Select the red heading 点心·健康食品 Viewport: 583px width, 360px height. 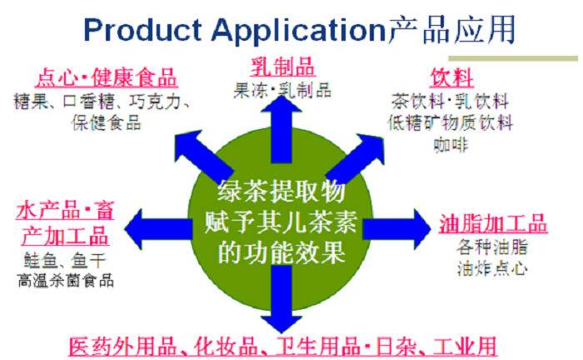106,79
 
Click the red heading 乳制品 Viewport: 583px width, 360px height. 282,66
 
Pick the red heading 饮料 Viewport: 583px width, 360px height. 451,79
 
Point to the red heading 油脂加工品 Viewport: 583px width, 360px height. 493,224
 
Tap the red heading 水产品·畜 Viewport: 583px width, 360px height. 65,212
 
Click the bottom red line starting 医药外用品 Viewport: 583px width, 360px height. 283,345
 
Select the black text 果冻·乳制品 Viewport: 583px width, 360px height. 282,87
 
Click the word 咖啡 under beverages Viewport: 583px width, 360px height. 451,143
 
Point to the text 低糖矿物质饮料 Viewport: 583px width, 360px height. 451,122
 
